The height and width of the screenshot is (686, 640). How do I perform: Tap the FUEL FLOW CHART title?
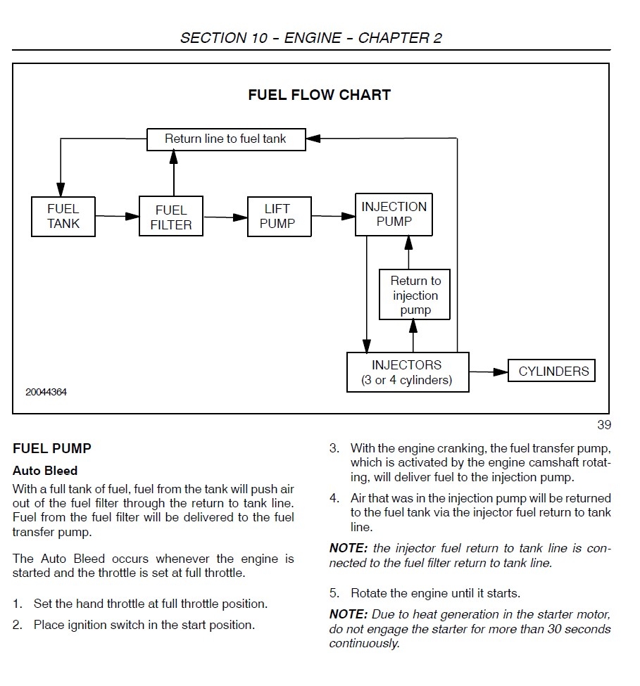click(x=319, y=95)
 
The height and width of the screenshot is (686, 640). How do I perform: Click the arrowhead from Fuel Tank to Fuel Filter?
click(x=132, y=216)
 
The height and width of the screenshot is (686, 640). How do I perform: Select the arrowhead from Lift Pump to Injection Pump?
click(x=348, y=216)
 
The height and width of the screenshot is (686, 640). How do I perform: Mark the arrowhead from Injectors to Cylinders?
click(x=501, y=372)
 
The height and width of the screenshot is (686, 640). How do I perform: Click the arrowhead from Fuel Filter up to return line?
click(x=174, y=158)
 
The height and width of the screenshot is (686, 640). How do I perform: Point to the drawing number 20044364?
click(x=46, y=392)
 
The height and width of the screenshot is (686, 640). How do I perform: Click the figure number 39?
click(x=604, y=425)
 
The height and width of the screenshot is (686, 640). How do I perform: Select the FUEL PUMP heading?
click(x=52, y=448)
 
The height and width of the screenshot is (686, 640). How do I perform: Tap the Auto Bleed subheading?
click(x=45, y=471)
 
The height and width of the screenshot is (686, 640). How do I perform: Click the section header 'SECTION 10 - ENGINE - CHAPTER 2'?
click(x=311, y=38)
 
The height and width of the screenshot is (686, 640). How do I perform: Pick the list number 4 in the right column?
click(x=334, y=498)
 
